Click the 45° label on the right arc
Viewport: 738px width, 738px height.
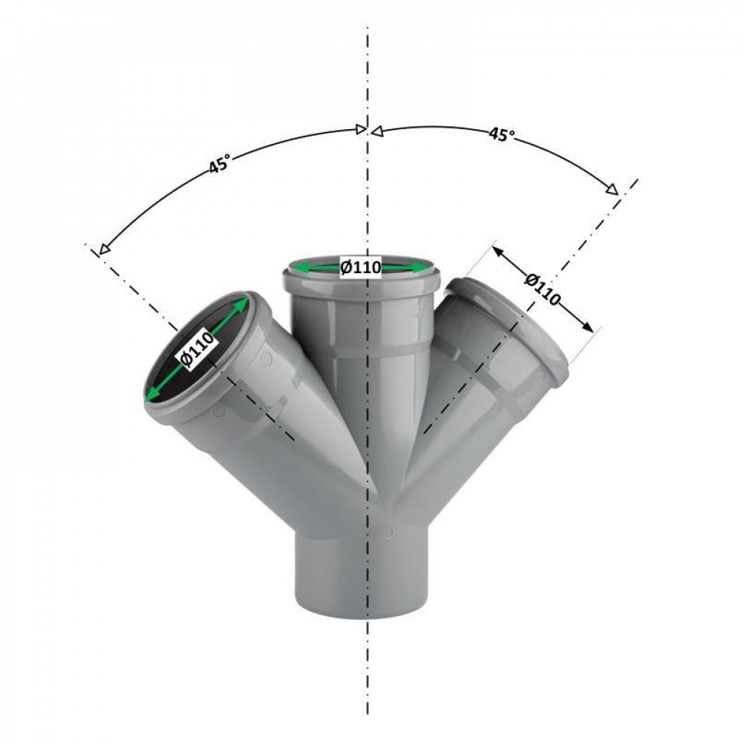click(502, 135)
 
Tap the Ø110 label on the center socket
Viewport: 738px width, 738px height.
click(361, 267)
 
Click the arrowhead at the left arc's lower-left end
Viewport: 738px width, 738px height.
click(103, 249)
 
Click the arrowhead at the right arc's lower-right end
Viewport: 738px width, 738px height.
click(613, 190)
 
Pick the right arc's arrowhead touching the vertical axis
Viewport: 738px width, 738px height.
click(376, 131)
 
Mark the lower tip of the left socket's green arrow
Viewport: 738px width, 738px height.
click(148, 399)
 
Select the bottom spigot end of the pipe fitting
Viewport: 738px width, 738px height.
click(362, 601)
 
